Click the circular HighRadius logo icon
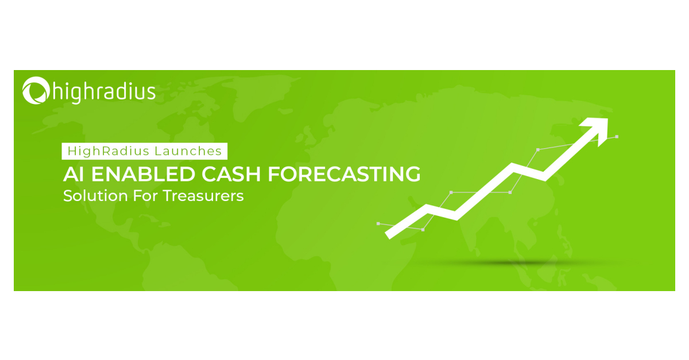35,91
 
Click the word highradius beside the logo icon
104,91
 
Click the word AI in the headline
71,174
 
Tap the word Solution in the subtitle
87,196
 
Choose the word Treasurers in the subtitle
203,196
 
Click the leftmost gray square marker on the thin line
378,223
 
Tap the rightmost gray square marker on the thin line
617,137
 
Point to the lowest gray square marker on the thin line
423,230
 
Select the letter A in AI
69,174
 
